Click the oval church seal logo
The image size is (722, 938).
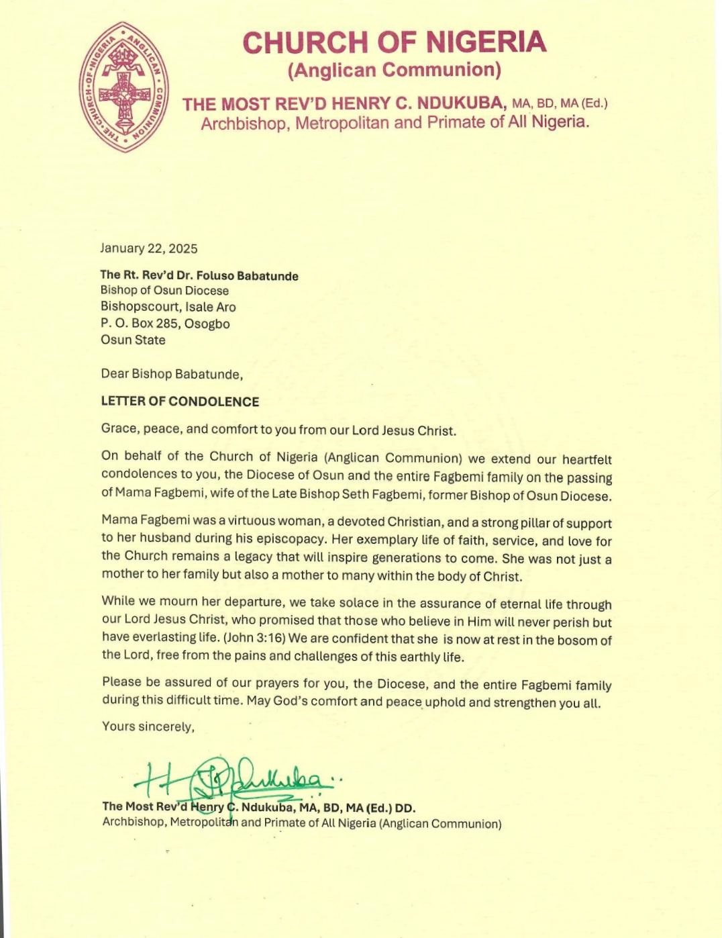point(124,87)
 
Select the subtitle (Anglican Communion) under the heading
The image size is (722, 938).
point(394,70)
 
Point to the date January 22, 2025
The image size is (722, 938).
point(149,248)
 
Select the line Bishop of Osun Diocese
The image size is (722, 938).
point(164,291)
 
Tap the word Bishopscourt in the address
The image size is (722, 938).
point(140,307)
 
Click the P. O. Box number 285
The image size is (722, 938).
point(166,324)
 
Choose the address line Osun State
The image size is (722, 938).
point(133,340)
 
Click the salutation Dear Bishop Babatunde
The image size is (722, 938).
point(172,373)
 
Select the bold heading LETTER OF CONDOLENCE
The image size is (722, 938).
point(180,402)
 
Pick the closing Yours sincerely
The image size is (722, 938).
point(148,726)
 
